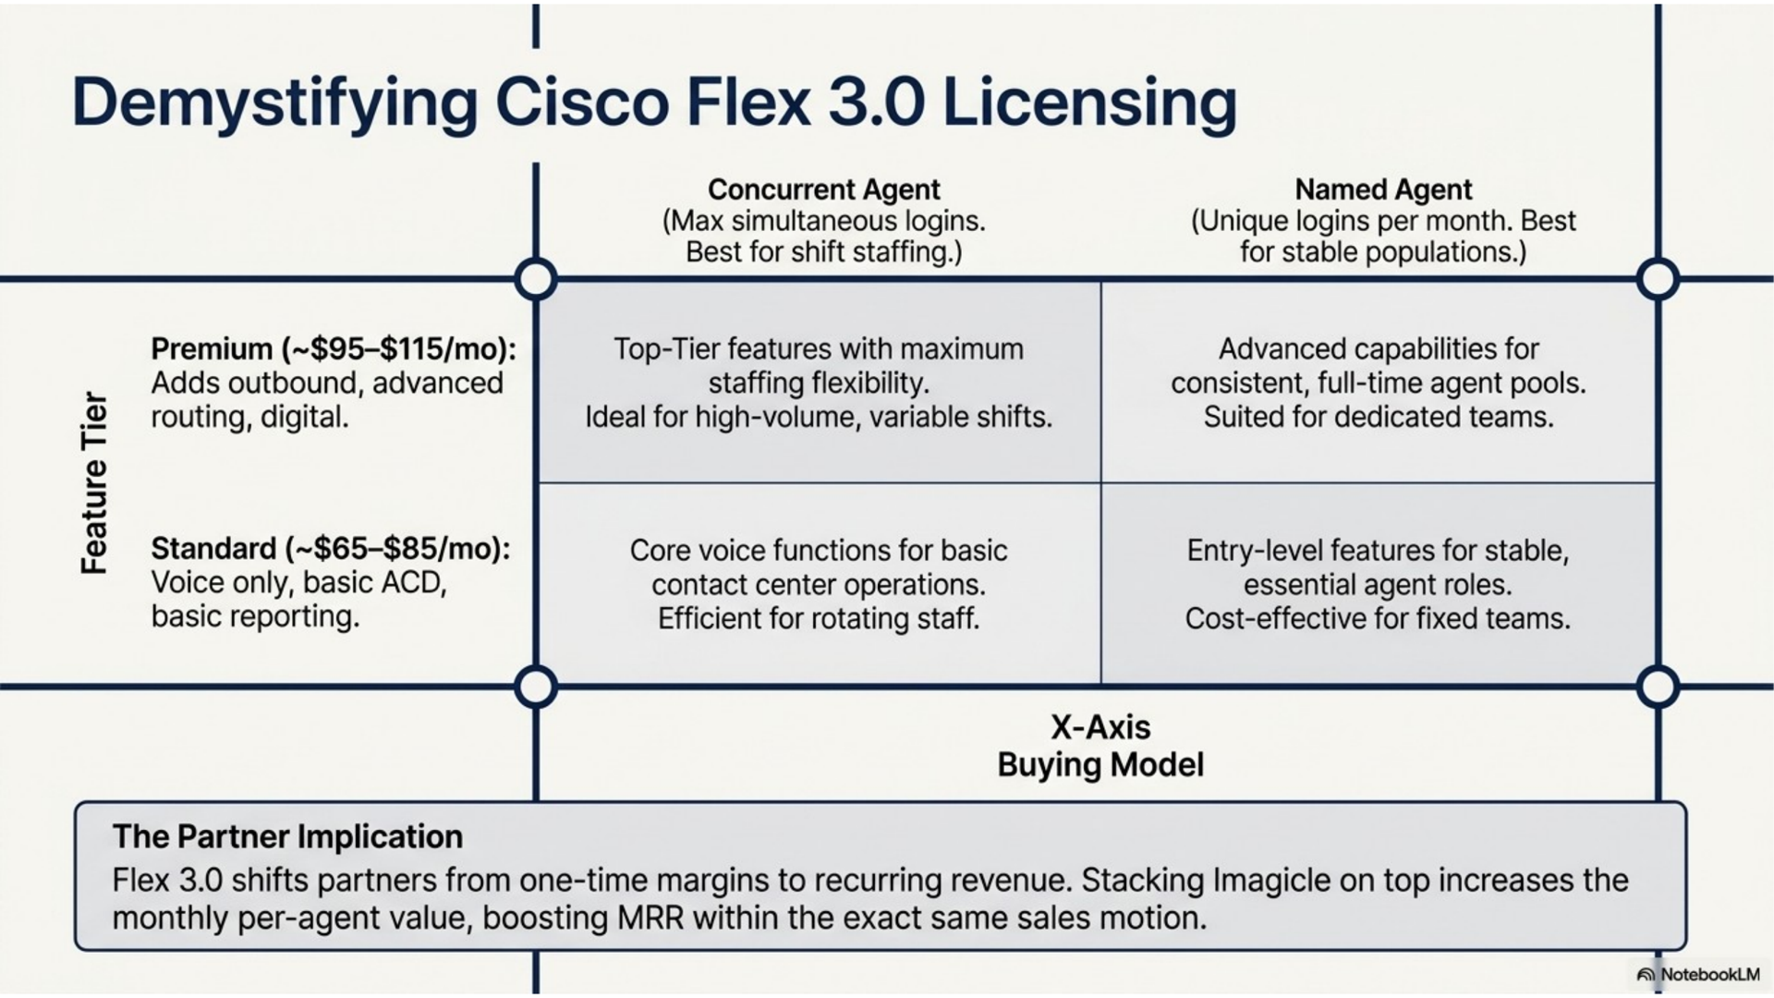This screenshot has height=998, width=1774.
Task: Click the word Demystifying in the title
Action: coord(274,103)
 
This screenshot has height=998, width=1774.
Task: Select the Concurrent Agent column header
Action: coord(823,189)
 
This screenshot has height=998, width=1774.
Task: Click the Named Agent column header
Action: coord(1383,189)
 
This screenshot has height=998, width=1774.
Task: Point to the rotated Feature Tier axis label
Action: coord(94,482)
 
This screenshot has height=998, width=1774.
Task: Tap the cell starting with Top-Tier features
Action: coord(819,383)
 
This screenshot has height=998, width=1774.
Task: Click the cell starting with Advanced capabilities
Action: coord(1379,383)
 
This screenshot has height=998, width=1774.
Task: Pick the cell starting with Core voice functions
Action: coord(819,584)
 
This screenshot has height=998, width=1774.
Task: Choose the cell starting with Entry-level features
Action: coord(1378,584)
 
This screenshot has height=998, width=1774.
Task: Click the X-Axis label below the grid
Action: coord(1100,727)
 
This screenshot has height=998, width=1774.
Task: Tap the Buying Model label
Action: coord(1100,765)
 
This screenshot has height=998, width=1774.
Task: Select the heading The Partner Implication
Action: coord(287,836)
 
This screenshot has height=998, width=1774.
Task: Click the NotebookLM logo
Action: coord(1698,974)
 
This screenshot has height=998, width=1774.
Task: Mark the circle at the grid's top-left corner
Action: coord(536,279)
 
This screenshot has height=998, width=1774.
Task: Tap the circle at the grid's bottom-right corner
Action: coord(1658,688)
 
